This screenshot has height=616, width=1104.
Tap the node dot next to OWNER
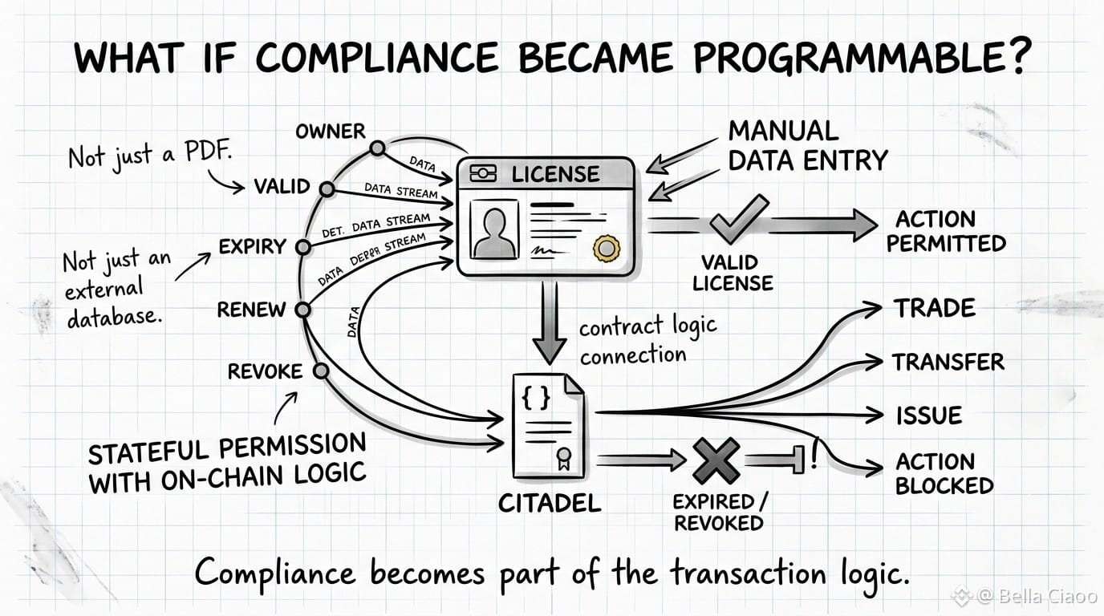[x=378, y=148]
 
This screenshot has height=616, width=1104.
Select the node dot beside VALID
[x=327, y=189]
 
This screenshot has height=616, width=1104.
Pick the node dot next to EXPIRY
[x=303, y=247]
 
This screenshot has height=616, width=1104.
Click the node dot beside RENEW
[x=302, y=310]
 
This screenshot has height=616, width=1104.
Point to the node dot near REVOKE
[x=321, y=371]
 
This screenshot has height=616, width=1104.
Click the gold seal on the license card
[x=607, y=249]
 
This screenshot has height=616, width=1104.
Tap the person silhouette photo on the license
[x=494, y=229]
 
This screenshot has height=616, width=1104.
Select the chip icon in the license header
[x=483, y=173]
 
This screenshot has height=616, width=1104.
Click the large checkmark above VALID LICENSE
[x=739, y=219]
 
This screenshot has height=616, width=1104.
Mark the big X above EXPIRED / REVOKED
[x=716, y=460]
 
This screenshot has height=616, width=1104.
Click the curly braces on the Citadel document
[x=536, y=397]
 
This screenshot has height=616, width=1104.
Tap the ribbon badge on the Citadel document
[x=564, y=459]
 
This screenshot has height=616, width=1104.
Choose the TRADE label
[x=935, y=309]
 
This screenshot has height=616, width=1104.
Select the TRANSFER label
[x=948, y=363]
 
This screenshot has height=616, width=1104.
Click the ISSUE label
[x=929, y=415]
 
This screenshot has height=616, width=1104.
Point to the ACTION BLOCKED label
[x=944, y=473]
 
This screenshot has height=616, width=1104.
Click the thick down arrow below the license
[x=550, y=322]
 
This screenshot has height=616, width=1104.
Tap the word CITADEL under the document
[x=550, y=503]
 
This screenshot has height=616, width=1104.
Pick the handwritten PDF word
[x=208, y=152]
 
